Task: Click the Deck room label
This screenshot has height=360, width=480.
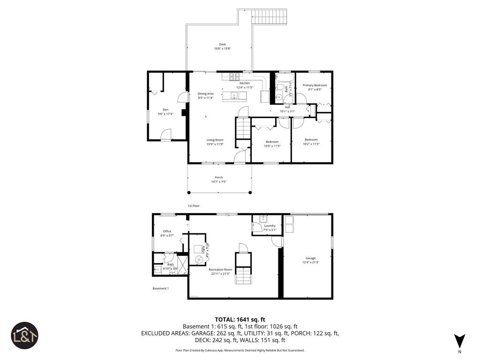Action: point(222,45)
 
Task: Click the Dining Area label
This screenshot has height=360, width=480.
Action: point(205,94)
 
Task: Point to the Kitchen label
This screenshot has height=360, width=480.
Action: point(245,83)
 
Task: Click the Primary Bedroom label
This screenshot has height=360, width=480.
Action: point(315,85)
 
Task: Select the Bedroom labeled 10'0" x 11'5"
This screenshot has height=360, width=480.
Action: point(272,142)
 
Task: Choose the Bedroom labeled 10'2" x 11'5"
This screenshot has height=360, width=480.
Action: point(311,140)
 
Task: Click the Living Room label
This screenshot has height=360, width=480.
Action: point(215,140)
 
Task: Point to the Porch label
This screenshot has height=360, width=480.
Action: point(219,178)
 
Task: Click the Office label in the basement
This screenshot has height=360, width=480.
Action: point(167,231)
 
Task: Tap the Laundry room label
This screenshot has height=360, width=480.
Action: point(270,225)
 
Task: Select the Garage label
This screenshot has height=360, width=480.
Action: point(310,258)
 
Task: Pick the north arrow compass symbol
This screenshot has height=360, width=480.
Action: point(459,341)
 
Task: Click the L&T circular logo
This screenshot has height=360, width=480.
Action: point(25,335)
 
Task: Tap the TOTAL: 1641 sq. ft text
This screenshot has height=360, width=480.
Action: point(240,319)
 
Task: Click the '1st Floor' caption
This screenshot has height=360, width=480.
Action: point(194,206)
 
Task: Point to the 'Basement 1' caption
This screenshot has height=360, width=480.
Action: point(160,288)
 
